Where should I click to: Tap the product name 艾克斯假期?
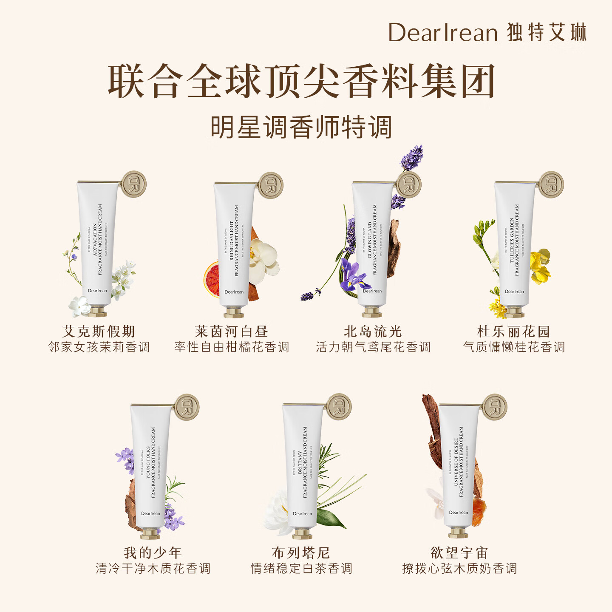coord(99,331)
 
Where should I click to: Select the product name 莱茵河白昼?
coord(232,331)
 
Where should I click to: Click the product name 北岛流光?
coord(373,331)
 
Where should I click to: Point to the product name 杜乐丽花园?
coord(514,331)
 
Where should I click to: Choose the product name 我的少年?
coord(153,553)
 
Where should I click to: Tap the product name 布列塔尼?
coord(301,553)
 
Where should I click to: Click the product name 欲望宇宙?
coord(459,553)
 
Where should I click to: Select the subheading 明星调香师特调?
coord(301,127)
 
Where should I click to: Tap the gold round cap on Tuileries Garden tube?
coord(551,185)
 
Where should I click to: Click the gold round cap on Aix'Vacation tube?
coord(134,184)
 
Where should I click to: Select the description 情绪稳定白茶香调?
coord(301,569)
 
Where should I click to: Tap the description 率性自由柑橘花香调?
coord(232,347)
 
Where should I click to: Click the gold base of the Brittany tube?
coord(302,533)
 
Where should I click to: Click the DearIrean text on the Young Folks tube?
coord(150,513)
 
